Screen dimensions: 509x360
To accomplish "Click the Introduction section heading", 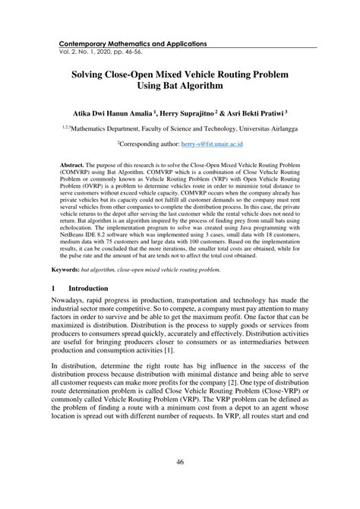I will click(x=89, y=267).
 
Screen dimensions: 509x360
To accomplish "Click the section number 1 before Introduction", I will click(x=54, y=267).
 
